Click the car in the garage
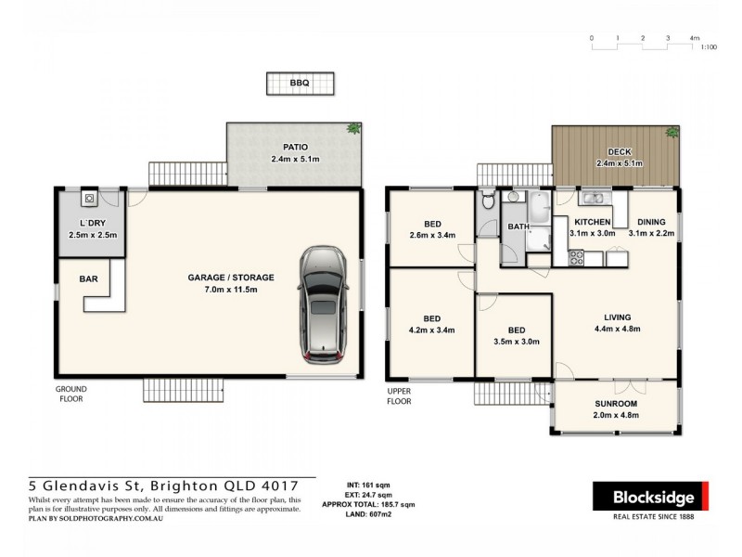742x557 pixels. [323, 304]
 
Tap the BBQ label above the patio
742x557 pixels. [299, 84]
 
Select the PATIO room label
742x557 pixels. [295, 147]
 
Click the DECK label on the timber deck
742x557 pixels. [619, 151]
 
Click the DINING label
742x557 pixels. [651, 223]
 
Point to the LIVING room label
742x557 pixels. [617, 317]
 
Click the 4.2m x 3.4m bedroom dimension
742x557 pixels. [432, 329]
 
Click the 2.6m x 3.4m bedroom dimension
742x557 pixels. [432, 236]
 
